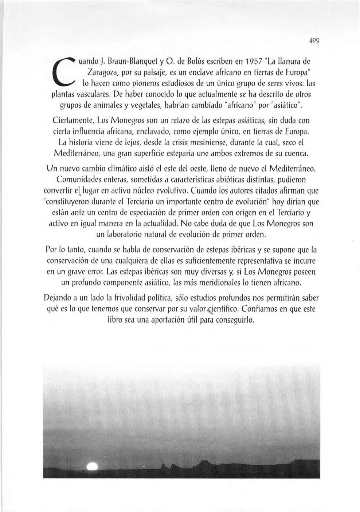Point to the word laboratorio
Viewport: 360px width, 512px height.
click(x=126, y=235)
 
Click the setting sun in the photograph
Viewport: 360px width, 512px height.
click(x=93, y=467)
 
